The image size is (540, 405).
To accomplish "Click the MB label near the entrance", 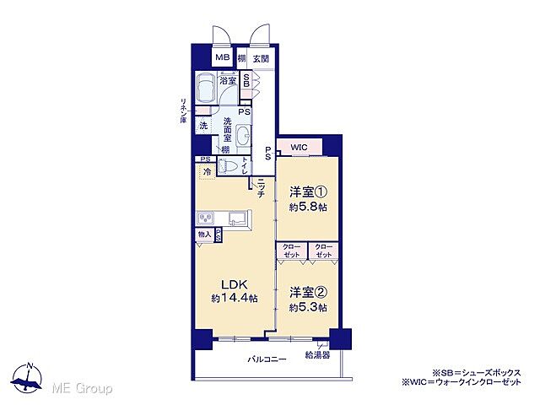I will (x=221, y=58).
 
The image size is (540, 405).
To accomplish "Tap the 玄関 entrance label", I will (x=261, y=58).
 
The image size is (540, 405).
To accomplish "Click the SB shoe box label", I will (x=246, y=81).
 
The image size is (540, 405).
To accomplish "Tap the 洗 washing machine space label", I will (x=203, y=126).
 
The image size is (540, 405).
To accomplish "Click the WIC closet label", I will (x=299, y=148).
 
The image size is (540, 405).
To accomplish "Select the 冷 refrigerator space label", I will (x=207, y=172).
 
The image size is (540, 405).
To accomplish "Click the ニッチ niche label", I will (x=262, y=190).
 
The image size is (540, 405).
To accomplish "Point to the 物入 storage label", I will (x=205, y=234).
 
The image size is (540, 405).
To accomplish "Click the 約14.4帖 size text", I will (x=234, y=299).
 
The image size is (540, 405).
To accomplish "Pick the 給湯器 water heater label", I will (x=317, y=356).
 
